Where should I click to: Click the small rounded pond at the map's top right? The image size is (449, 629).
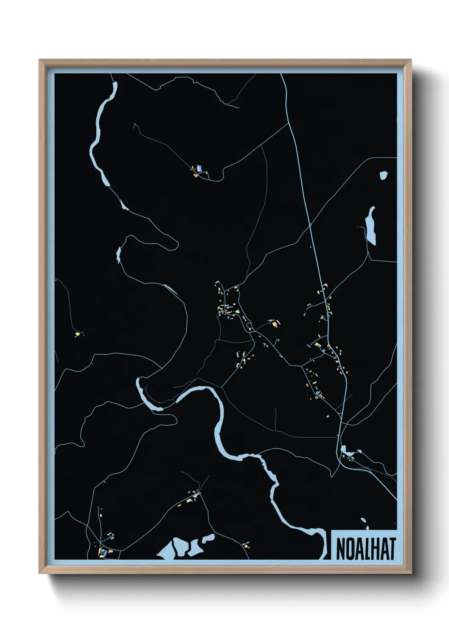coord(384,175)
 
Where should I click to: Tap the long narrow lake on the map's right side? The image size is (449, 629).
coord(371,225)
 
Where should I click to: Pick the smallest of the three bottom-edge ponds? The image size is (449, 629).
coord(208,539)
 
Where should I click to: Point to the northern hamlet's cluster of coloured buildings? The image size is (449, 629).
coord(198,171)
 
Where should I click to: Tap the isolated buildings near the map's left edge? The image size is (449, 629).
coord(78,334)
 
